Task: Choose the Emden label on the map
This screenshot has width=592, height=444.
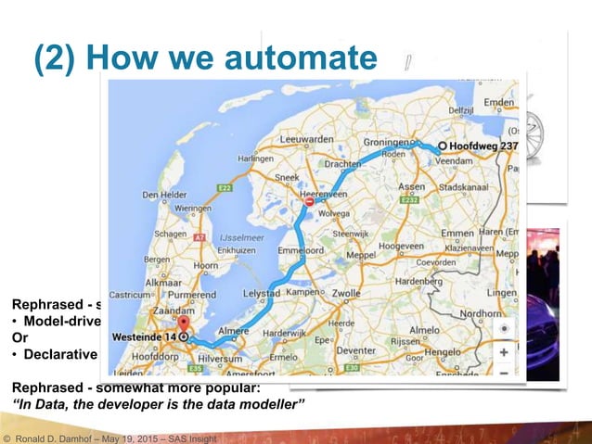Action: [x=496, y=101]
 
